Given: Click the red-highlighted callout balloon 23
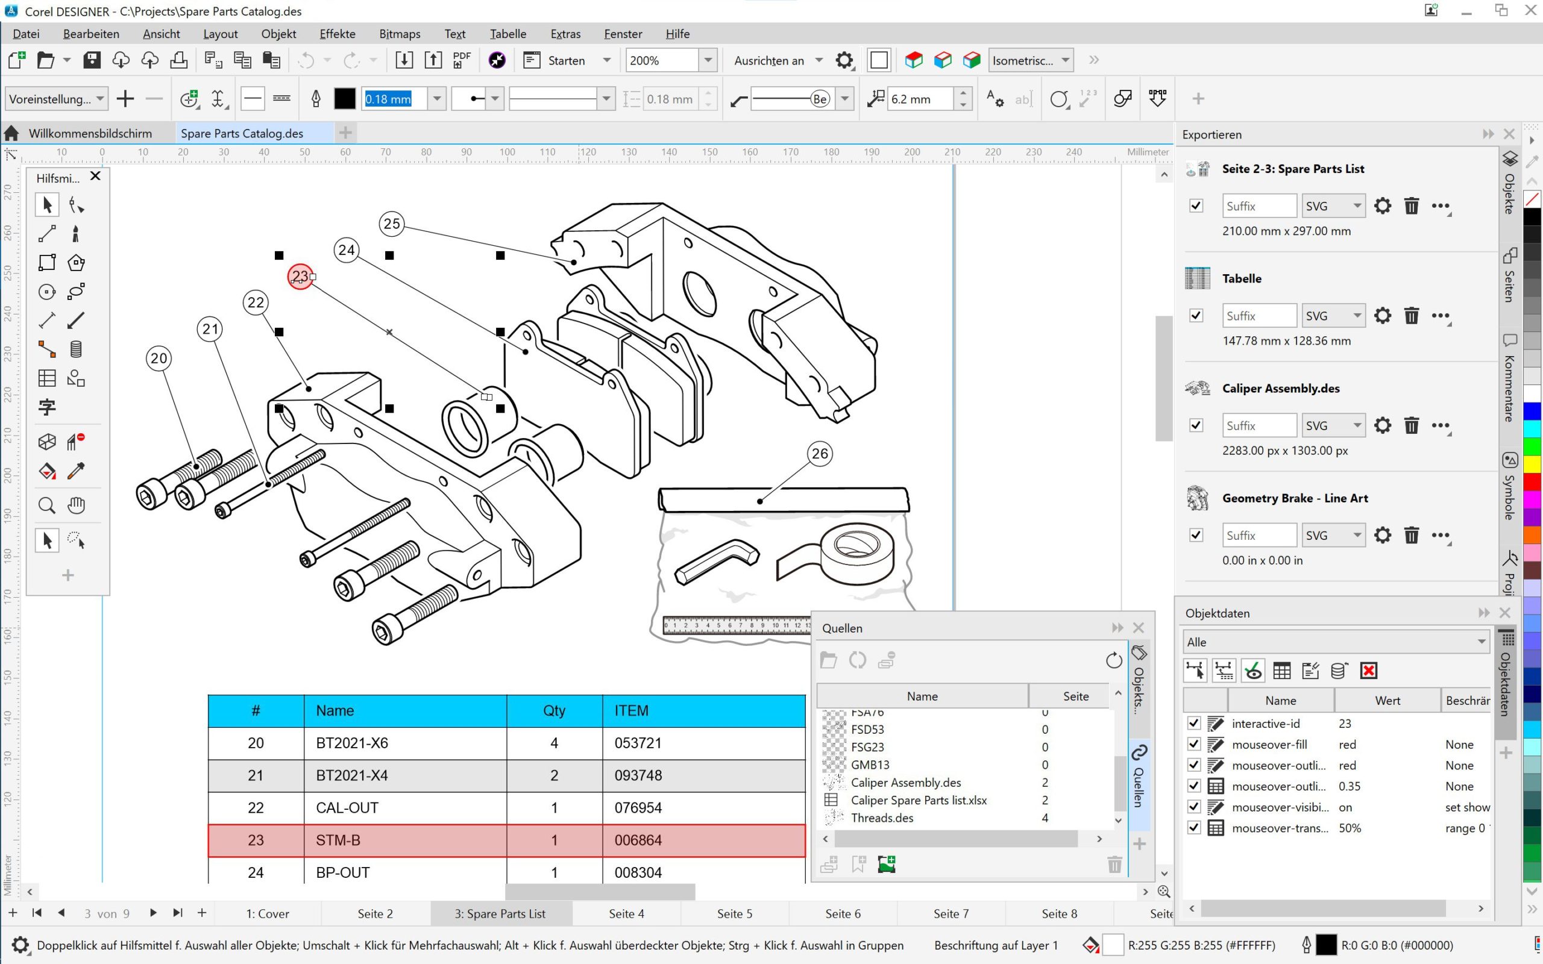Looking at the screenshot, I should [300, 277].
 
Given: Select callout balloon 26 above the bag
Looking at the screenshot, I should [819, 454].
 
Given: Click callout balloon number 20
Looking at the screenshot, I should [159, 358].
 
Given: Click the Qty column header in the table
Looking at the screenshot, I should [553, 710].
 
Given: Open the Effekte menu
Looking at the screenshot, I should [338, 34].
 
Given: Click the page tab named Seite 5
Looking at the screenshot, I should [734, 913].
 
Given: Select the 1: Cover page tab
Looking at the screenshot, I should [267, 913].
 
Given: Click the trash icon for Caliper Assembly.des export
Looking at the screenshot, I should [1411, 425].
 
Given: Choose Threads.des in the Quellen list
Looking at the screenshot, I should [882, 818].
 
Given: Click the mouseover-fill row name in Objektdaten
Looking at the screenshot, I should [1269, 745].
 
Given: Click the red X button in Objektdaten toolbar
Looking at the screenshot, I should [1368, 671].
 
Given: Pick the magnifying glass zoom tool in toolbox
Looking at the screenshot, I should [46, 505].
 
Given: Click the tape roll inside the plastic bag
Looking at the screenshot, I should [856, 551].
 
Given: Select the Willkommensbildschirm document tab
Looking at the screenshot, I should [90, 133].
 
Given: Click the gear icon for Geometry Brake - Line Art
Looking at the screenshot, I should [1381, 535].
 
